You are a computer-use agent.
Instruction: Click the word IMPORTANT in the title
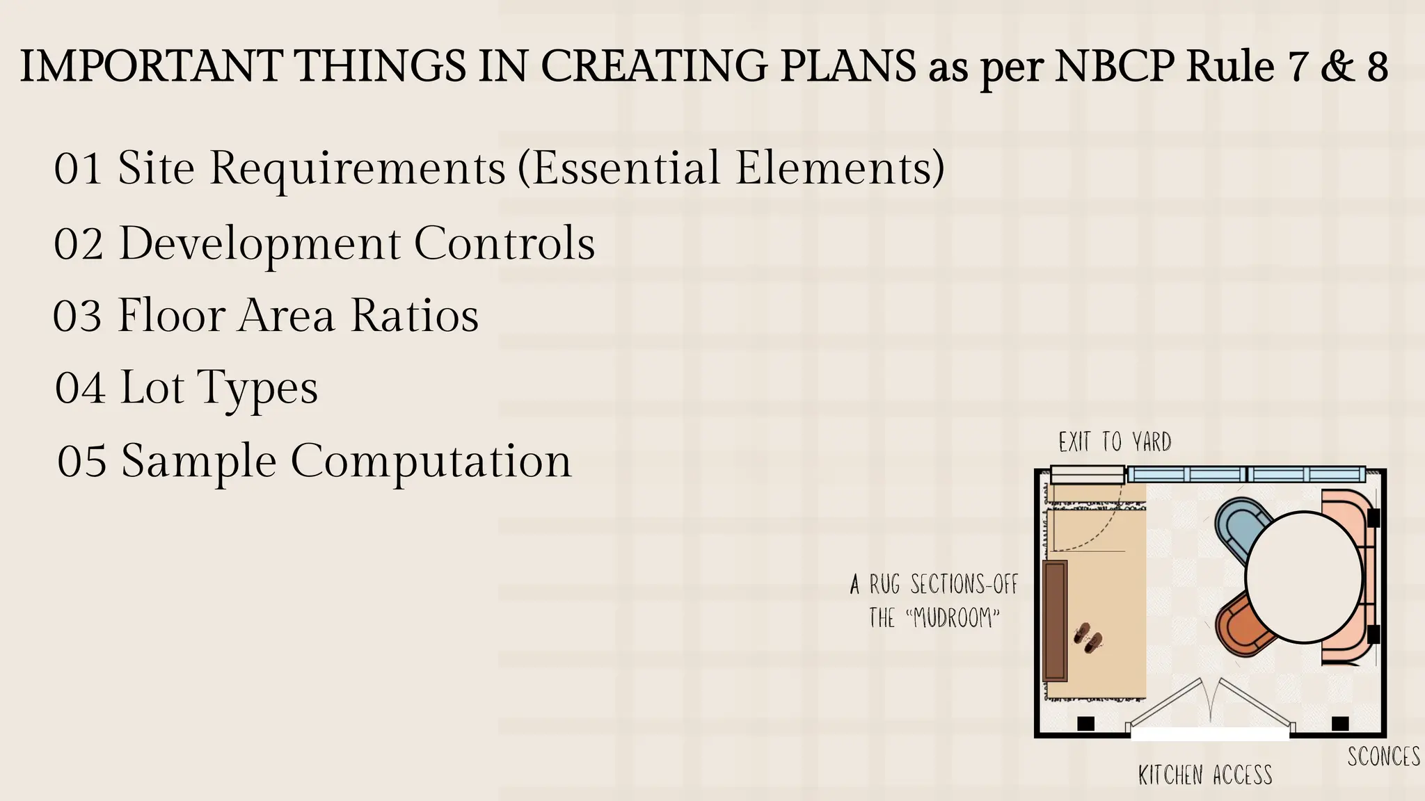(150, 67)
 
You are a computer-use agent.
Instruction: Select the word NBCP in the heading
(1115, 67)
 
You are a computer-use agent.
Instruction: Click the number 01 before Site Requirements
(78, 169)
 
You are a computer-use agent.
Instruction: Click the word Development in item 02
(260, 244)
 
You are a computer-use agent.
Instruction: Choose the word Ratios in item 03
(415, 316)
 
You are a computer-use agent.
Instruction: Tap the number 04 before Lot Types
(81, 388)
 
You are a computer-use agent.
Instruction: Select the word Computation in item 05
(431, 462)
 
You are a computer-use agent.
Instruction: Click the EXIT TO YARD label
(1115, 442)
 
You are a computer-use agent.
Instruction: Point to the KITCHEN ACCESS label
(1205, 775)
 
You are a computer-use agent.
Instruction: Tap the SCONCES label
(1383, 756)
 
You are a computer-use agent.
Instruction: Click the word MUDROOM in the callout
(954, 618)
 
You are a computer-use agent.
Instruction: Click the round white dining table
(1303, 577)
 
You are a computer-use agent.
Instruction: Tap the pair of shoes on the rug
(1088, 638)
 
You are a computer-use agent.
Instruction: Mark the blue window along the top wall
(1245, 475)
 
